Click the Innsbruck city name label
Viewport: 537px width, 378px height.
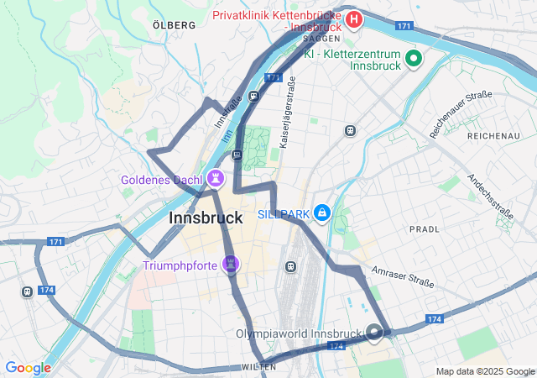206,218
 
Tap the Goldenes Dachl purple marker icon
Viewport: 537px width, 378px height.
216,177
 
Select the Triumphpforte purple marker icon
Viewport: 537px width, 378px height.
231,265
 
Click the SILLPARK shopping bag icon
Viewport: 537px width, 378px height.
321,213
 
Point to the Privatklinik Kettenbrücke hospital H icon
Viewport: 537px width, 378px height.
354,18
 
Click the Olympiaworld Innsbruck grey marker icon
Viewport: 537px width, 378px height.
374,333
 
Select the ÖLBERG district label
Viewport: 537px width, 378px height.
174,25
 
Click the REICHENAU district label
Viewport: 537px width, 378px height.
493,135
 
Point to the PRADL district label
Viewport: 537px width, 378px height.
424,228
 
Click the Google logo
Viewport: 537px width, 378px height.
28,367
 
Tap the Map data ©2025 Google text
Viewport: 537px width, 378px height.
485,371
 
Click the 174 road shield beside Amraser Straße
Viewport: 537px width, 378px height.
434,319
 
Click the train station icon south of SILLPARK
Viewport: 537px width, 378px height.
290,266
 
